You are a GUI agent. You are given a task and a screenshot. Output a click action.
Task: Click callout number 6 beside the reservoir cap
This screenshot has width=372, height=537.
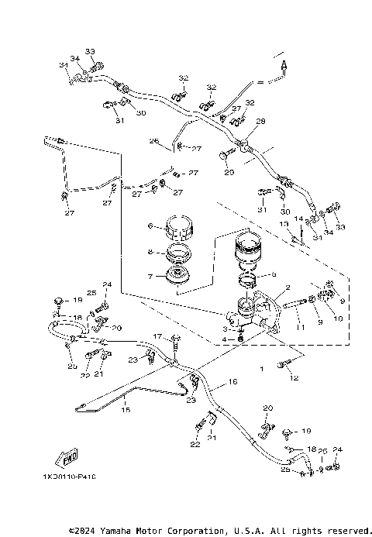tap(152, 226)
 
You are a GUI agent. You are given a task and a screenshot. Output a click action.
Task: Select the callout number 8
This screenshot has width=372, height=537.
tap(152, 252)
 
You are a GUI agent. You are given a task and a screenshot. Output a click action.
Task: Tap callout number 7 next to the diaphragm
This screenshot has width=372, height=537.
tap(152, 276)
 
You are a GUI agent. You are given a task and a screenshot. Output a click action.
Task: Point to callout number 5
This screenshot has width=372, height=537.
tap(274, 274)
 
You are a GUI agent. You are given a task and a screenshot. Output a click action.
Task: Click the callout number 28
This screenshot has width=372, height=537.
tap(260, 121)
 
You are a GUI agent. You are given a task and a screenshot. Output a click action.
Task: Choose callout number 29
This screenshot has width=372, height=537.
tap(229, 171)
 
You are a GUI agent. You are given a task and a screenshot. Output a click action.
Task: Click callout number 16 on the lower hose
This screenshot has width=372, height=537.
tap(232, 382)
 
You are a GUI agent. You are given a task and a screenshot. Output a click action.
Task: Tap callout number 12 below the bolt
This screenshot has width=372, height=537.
tap(293, 378)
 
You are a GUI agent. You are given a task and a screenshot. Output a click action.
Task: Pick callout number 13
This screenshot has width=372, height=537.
tap(284, 223)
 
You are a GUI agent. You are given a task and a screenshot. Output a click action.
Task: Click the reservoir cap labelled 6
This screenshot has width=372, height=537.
tap(179, 228)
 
